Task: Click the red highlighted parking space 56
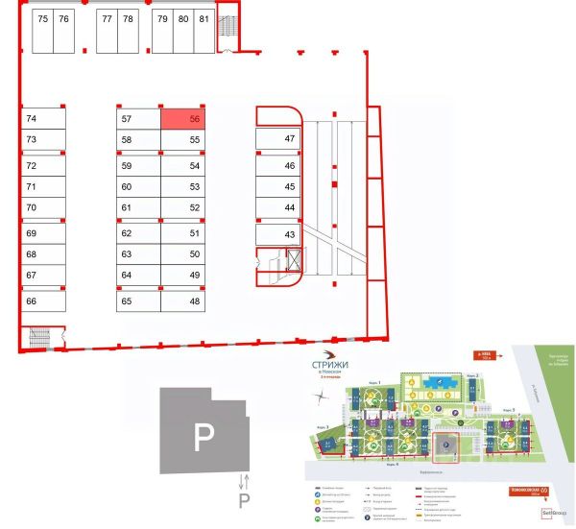(x=181, y=119)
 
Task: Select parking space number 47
(x=277, y=139)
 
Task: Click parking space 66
(x=43, y=301)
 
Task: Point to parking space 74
(x=43, y=119)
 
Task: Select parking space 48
(x=182, y=301)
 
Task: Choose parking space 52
(x=182, y=207)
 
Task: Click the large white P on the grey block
(x=202, y=439)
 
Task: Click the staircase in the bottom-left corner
(x=41, y=337)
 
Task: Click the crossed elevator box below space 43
(x=294, y=257)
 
